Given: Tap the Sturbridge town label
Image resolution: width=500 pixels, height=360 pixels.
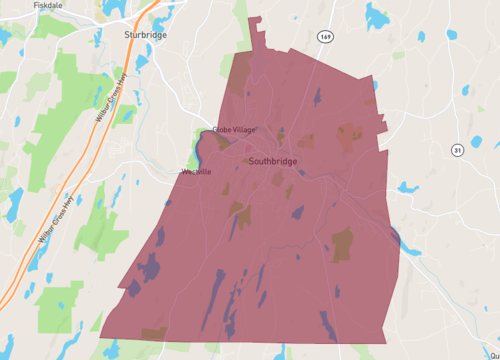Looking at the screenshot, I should click(145, 34).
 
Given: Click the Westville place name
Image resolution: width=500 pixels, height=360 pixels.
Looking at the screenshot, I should click(196, 172).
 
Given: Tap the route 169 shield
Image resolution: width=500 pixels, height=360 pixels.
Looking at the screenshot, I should click(326, 36).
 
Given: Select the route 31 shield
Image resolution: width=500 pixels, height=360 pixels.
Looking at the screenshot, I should click(457, 151).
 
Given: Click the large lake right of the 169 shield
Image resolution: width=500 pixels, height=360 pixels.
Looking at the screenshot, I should click(377, 17).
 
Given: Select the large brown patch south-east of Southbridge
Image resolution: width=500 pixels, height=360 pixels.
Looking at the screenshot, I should click(342, 244).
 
